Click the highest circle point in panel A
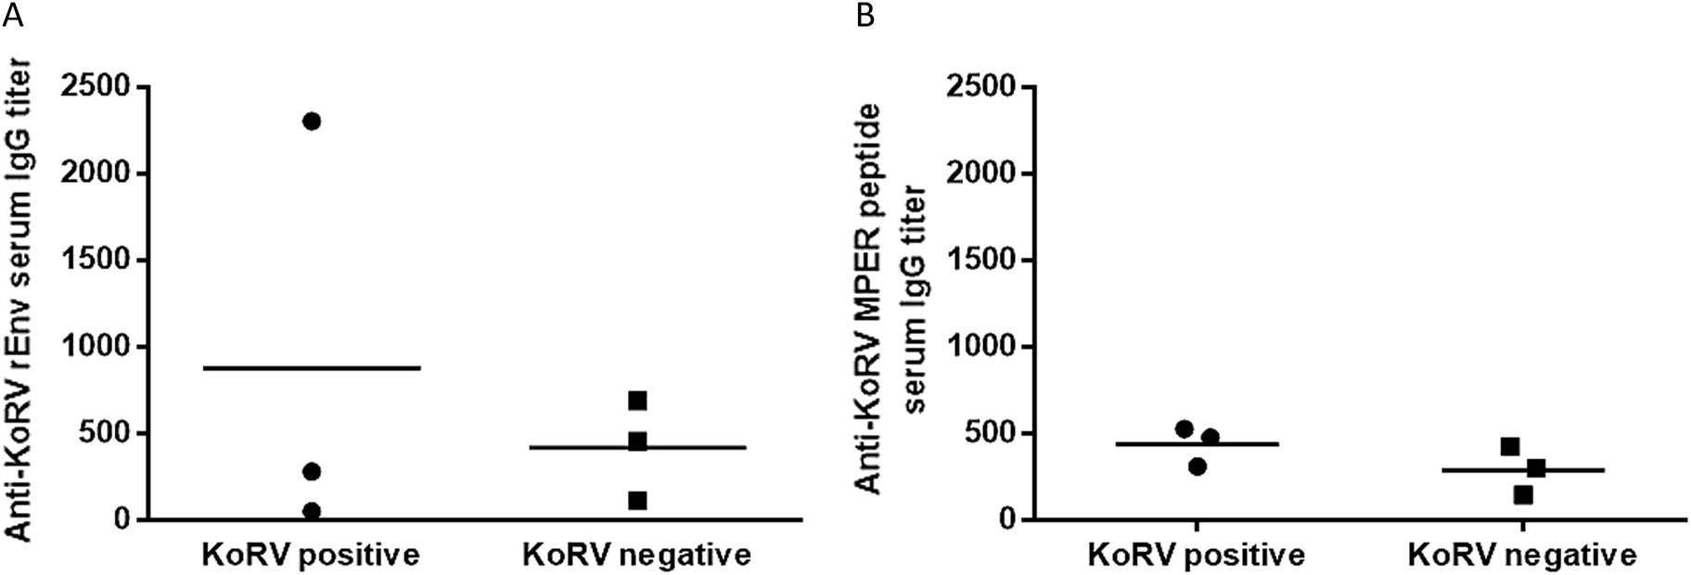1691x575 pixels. (x=312, y=121)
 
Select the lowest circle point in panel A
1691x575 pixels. (x=312, y=511)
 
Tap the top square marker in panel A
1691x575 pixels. (x=637, y=401)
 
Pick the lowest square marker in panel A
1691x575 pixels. (x=637, y=501)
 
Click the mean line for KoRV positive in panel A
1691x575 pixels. (x=312, y=368)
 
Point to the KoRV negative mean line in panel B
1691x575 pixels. (x=1521, y=470)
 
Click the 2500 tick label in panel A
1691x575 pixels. (x=95, y=88)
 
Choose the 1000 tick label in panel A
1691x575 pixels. (x=95, y=347)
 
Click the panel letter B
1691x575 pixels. (x=865, y=16)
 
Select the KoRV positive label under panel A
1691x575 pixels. (x=312, y=556)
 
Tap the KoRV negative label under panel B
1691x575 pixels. (x=1521, y=556)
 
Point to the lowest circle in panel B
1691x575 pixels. (x=1198, y=466)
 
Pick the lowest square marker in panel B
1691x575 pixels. (x=1523, y=495)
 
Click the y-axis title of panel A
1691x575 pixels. (x=21, y=299)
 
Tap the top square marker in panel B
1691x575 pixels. (x=1510, y=447)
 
